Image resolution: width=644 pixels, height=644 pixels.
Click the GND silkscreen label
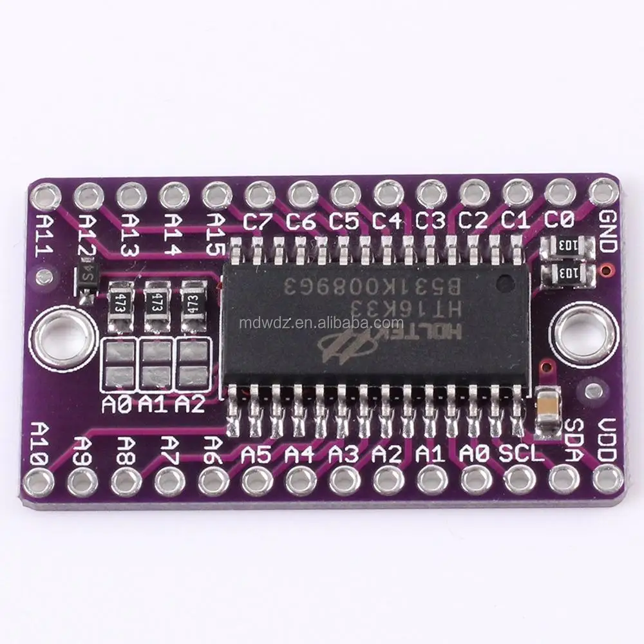tap(608, 232)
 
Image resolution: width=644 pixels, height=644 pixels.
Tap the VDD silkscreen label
tap(607, 440)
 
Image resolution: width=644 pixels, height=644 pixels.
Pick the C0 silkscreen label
tap(558, 221)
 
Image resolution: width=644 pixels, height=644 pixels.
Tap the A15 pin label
tap(217, 232)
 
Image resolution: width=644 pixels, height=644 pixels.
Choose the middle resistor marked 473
tap(155, 301)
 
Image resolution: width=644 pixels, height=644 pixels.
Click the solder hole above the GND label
tap(603, 191)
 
